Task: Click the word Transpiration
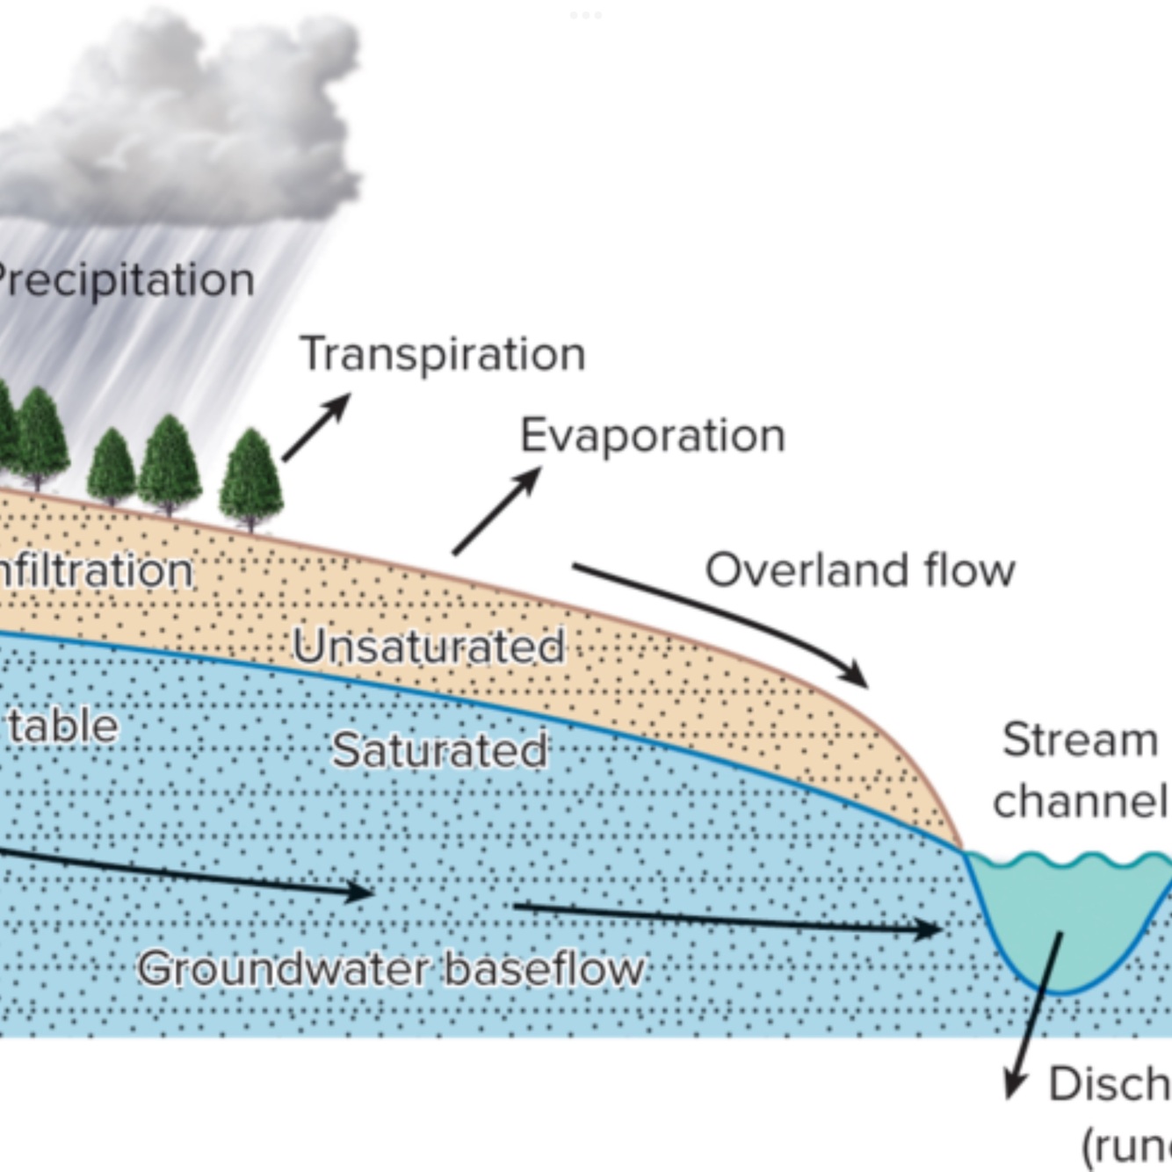443,354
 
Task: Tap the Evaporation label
652,436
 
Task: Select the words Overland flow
859,570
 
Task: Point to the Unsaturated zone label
429,647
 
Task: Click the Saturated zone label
439,750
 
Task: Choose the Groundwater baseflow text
391,968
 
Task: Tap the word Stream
1080,740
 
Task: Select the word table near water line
63,727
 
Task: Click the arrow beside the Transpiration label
316,427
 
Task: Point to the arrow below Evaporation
496,511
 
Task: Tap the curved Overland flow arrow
729,616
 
